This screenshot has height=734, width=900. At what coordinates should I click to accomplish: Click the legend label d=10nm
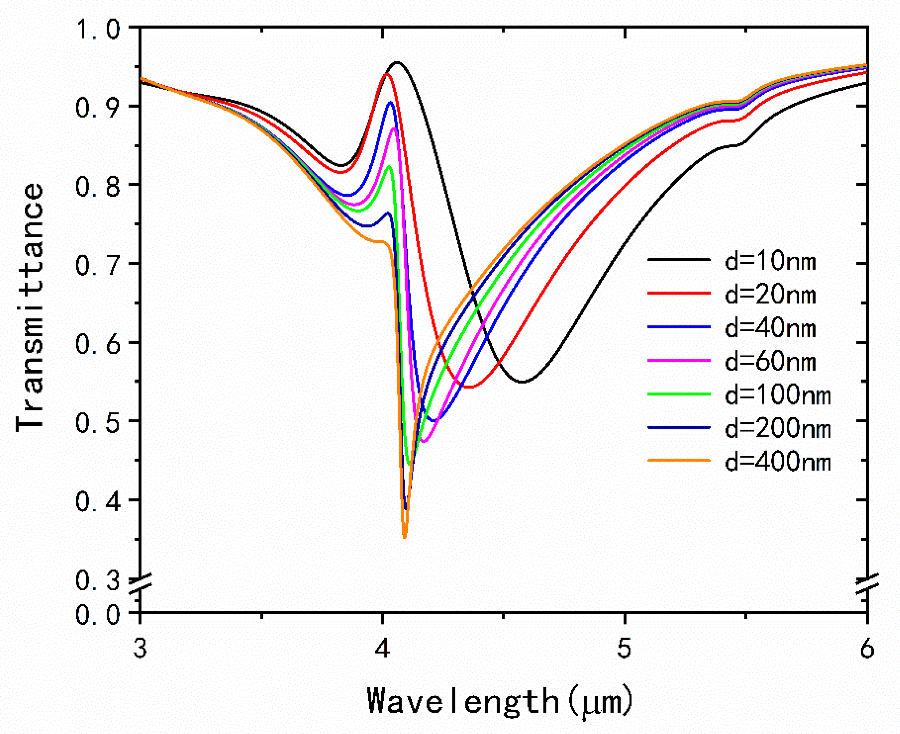coord(770,262)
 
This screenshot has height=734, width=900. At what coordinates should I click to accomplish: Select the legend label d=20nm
coord(770,295)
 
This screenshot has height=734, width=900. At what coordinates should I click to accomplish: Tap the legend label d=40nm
coord(770,328)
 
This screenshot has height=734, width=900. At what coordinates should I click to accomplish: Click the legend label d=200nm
coord(777,429)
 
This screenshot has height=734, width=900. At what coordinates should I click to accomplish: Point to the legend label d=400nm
coord(777,462)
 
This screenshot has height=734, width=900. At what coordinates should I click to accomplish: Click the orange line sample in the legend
coord(678,460)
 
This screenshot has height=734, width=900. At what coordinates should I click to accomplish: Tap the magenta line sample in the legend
coord(678,360)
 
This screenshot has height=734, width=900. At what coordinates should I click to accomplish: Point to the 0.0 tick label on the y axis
coord(97,614)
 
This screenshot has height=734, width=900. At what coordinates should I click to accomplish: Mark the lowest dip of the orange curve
coord(404,537)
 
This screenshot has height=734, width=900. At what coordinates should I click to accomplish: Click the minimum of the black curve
coord(523,382)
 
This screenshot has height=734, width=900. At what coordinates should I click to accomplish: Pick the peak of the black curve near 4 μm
coord(396,62)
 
